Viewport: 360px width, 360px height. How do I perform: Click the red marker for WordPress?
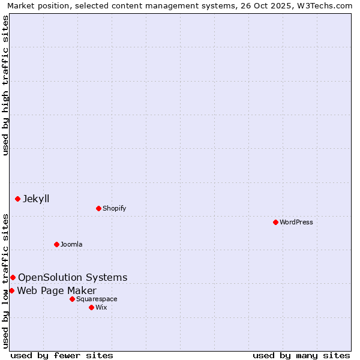tap(275, 222)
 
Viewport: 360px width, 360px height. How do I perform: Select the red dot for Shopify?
tap(98, 208)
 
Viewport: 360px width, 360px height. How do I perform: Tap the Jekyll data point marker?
tap(17, 199)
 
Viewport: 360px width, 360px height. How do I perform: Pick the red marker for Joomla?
tap(56, 244)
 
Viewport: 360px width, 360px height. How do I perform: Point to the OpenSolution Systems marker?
tap(13, 277)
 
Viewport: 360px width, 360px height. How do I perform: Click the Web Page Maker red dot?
tap(11, 290)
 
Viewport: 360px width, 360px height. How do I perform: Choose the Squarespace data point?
tap(72, 299)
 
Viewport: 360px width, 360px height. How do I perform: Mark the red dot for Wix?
tap(91, 307)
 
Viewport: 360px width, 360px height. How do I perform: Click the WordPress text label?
tap(296, 222)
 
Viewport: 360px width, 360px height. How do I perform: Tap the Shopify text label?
tap(114, 208)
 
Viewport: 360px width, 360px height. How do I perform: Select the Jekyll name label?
tap(36, 199)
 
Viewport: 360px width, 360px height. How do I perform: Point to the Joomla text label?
tap(71, 244)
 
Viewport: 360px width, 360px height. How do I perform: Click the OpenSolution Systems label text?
tap(73, 277)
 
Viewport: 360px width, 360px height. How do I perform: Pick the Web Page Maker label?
tap(56, 291)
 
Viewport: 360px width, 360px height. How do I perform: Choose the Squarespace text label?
tap(97, 299)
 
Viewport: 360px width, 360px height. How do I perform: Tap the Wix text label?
tap(101, 307)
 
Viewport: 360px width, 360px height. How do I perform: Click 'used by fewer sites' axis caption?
tap(62, 355)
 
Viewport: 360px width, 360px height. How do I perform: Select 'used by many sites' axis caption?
tap(301, 355)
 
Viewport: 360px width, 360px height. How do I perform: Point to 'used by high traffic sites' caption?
tap(6, 85)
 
